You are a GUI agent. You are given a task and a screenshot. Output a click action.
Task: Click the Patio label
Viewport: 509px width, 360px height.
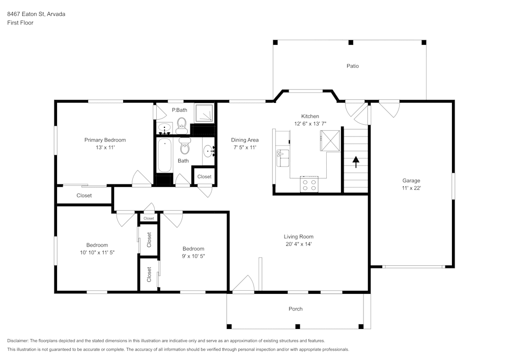click(x=353, y=66)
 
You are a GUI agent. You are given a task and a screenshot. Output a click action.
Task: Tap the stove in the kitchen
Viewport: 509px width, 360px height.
click(x=309, y=184)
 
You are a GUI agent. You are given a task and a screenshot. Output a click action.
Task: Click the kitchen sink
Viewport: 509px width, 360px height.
click(x=282, y=158)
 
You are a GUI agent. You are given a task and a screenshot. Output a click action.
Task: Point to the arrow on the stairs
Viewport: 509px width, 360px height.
click(x=356, y=162)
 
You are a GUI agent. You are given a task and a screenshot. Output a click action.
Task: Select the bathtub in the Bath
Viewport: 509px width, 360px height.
click(x=164, y=155)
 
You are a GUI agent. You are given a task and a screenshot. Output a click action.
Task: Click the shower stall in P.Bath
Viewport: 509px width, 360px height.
click(x=204, y=113)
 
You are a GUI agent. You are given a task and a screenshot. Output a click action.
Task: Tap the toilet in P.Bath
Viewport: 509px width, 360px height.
click(x=182, y=126)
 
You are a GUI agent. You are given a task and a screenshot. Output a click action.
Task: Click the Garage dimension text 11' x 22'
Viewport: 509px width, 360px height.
click(x=411, y=188)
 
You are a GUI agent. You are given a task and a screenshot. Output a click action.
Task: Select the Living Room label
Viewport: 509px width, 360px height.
click(x=299, y=237)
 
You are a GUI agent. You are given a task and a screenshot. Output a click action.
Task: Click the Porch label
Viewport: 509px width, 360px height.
click(x=295, y=309)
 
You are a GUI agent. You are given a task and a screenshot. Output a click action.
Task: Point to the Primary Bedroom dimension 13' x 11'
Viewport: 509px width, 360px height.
click(x=105, y=147)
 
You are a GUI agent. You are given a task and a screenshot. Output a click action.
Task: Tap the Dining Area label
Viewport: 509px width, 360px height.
click(x=245, y=140)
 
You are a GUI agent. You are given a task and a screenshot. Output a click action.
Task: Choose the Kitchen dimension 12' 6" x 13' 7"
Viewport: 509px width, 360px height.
click(x=310, y=124)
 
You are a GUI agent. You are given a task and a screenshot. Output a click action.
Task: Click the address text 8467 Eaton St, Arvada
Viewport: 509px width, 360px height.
click(x=36, y=14)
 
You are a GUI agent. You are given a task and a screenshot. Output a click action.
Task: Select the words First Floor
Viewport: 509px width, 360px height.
click(x=20, y=23)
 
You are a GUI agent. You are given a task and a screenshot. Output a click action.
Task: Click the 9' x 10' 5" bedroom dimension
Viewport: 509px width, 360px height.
click(x=193, y=256)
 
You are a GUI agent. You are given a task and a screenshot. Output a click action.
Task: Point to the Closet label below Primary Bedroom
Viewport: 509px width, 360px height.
click(x=84, y=196)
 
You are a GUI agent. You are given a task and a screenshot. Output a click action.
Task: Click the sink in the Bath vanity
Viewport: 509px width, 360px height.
click(x=209, y=151)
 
